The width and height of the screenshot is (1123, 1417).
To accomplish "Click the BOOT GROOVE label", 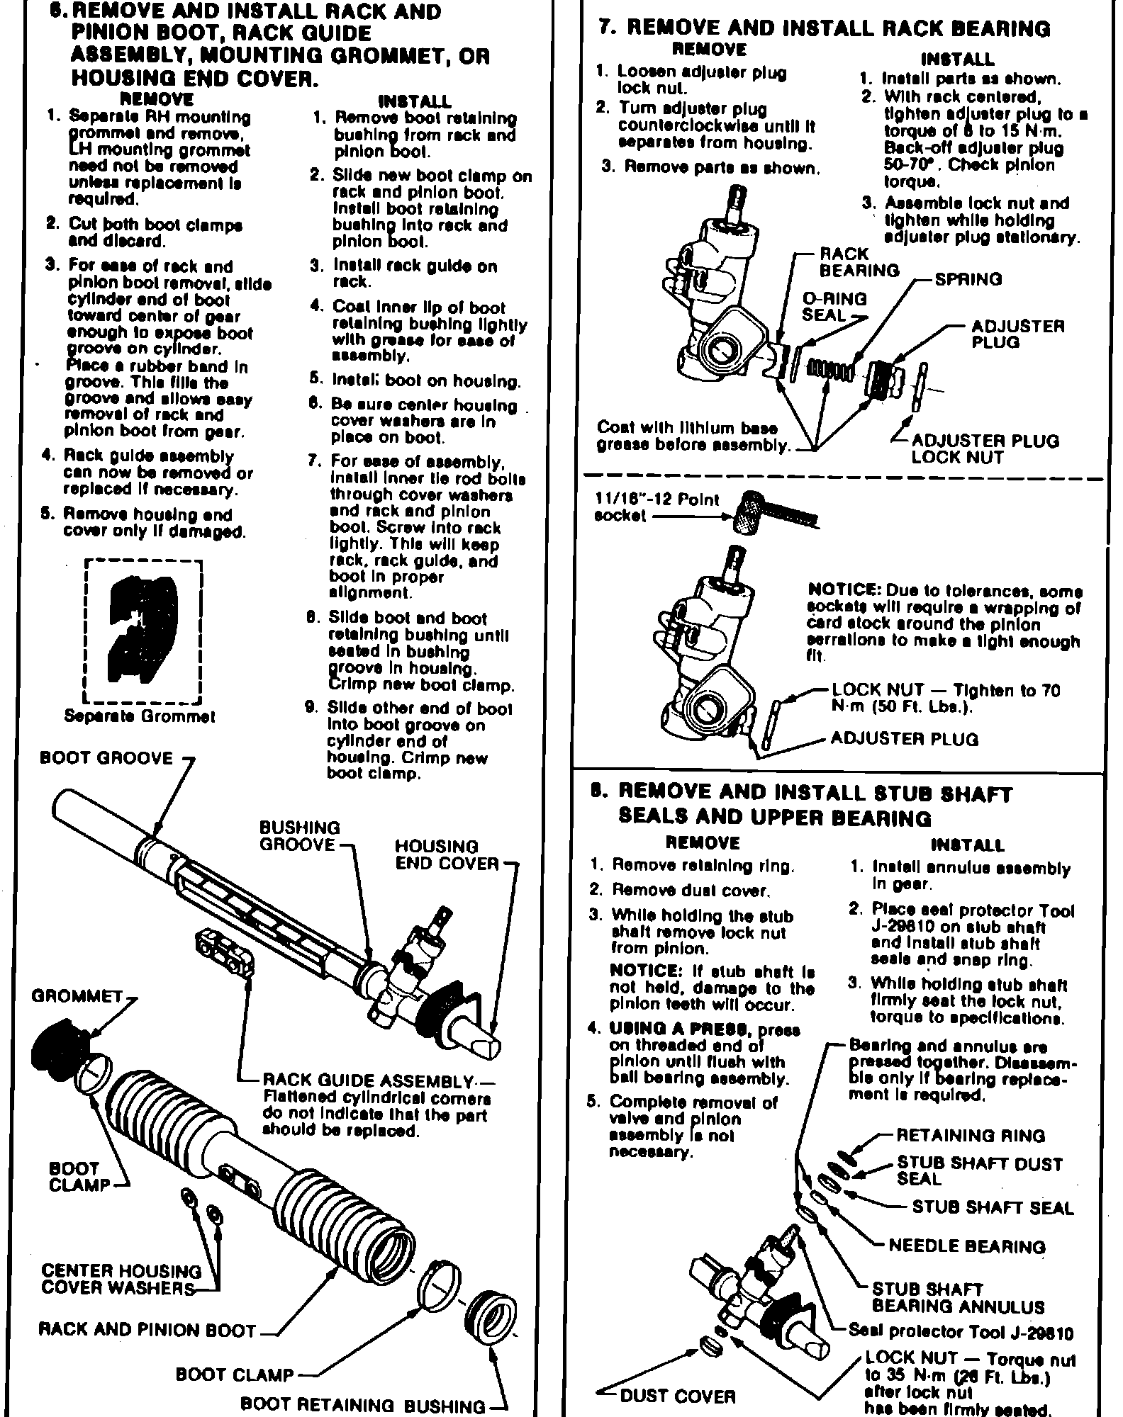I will (106, 759).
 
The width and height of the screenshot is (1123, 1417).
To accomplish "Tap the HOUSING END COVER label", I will (446, 855).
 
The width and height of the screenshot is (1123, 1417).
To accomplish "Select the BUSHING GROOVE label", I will (299, 836).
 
